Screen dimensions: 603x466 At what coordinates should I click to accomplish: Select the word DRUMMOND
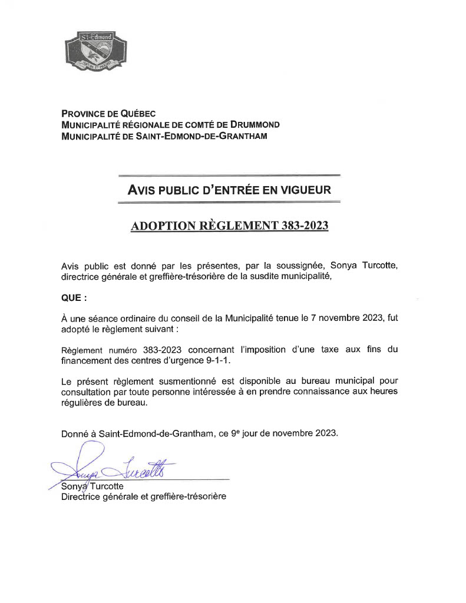coord(256,125)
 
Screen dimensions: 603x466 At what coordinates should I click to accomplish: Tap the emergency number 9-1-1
coord(216,360)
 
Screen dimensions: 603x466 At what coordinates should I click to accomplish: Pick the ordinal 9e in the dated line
coord(237,433)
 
